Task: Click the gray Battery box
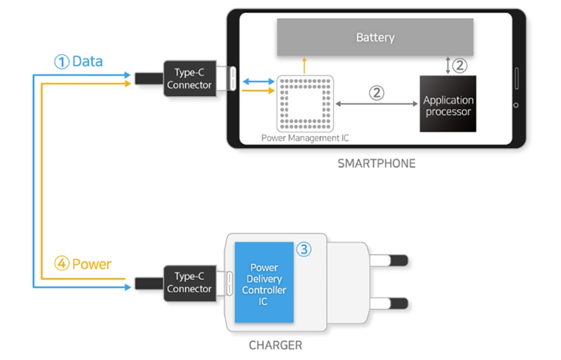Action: pyautogui.click(x=375, y=37)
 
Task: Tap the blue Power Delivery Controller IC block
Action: pyautogui.click(x=264, y=282)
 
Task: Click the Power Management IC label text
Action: pyautogui.click(x=305, y=138)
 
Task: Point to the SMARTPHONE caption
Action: pyautogui.click(x=376, y=164)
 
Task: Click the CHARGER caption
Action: pyautogui.click(x=275, y=346)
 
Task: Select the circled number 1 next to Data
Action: pyautogui.click(x=62, y=62)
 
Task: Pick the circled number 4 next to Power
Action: pyautogui.click(x=62, y=264)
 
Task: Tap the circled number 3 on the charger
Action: pyautogui.click(x=303, y=250)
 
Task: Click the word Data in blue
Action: pyautogui.click(x=87, y=61)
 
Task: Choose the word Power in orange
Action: pyautogui.click(x=92, y=264)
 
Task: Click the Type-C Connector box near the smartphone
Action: pyautogui.click(x=189, y=79)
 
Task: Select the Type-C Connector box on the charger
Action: pyautogui.click(x=189, y=282)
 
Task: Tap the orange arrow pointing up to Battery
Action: pyautogui.click(x=304, y=65)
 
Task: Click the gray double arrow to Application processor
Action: pyautogui.click(x=377, y=104)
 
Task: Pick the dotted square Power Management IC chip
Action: pyautogui.click(x=305, y=103)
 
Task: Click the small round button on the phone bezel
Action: pyautogui.click(x=516, y=105)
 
